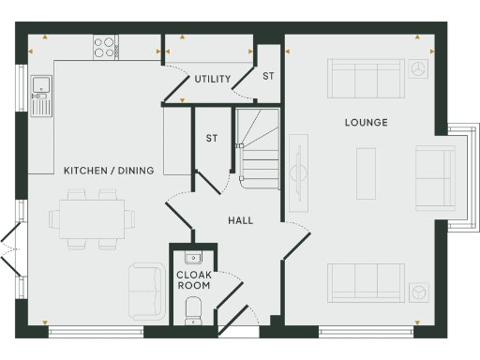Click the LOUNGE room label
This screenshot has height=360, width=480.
pos(366,123)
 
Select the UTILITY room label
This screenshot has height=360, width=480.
pos(213,79)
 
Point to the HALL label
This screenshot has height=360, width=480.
pos(240,220)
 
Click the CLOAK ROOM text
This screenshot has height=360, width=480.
pos(194,280)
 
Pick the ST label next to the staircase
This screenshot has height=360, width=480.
pos(212,139)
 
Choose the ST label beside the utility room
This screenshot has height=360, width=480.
pos(268,76)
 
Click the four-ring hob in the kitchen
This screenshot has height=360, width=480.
pos(104,46)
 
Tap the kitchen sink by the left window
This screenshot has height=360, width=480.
pos(40,94)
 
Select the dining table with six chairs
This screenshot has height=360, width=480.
pos(87,217)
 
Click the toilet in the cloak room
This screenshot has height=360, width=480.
pos(194,308)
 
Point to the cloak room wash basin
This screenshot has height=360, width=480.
pos(193,258)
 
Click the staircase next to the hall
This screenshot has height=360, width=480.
pos(258,150)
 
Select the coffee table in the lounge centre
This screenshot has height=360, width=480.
pos(366,173)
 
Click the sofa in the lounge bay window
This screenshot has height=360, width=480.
pos(432,176)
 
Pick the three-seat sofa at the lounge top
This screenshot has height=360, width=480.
pos(366,80)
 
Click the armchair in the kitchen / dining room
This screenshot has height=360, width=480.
pos(146,288)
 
